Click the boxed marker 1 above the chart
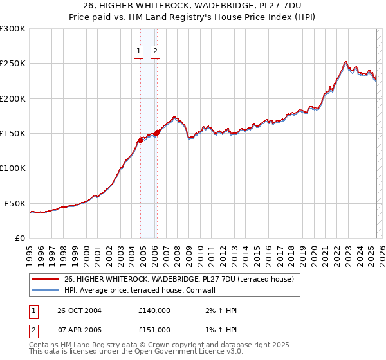click(138, 53)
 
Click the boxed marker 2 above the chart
click(155, 53)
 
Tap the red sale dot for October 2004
click(141, 139)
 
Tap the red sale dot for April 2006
click(157, 132)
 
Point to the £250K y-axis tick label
click(13, 64)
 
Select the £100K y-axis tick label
click(13, 168)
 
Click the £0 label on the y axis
click(19, 238)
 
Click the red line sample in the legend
click(45, 279)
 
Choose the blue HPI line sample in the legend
click(45, 290)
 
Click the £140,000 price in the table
click(154, 310)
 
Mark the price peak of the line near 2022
click(345, 62)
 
